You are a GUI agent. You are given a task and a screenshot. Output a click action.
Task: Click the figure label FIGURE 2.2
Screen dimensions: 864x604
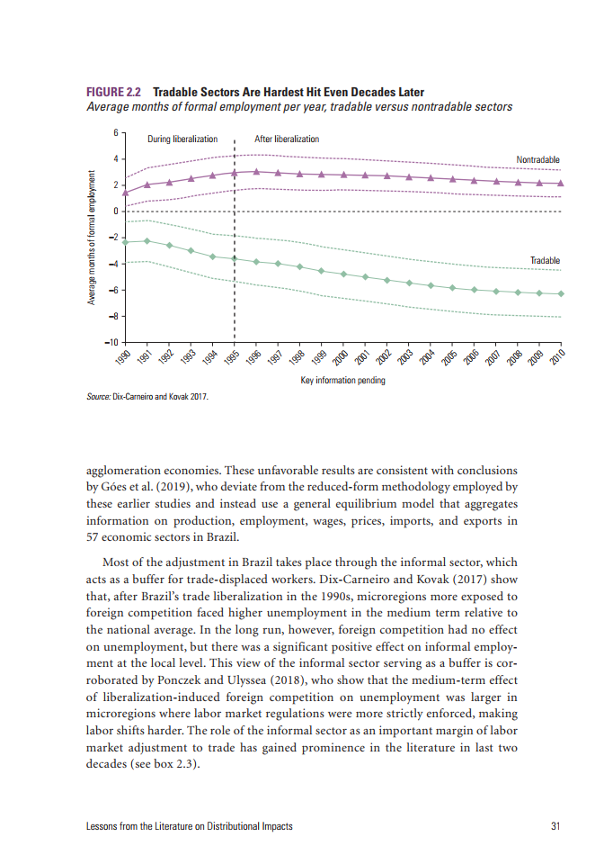(114, 93)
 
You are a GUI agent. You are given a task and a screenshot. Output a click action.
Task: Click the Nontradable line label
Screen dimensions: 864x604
(537, 159)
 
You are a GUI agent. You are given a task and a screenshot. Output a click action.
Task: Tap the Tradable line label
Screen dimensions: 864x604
(545, 260)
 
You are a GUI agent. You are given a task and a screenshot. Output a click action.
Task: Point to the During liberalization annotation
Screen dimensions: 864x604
(182, 139)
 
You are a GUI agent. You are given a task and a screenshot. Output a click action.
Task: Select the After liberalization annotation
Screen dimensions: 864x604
(287, 139)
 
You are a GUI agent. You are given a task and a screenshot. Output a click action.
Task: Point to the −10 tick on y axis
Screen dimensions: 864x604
(111, 343)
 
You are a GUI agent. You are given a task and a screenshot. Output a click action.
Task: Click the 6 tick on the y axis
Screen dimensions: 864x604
(115, 133)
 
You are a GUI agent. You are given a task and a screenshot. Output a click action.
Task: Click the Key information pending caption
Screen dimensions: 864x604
(342, 381)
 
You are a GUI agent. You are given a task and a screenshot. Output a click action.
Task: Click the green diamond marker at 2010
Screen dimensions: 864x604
(561, 293)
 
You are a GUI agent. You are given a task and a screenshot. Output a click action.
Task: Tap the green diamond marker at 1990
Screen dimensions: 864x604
(125, 242)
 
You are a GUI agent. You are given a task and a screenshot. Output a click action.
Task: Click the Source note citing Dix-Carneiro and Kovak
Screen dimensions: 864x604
(147, 395)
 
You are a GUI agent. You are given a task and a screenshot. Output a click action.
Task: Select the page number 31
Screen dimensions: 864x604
(555, 826)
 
